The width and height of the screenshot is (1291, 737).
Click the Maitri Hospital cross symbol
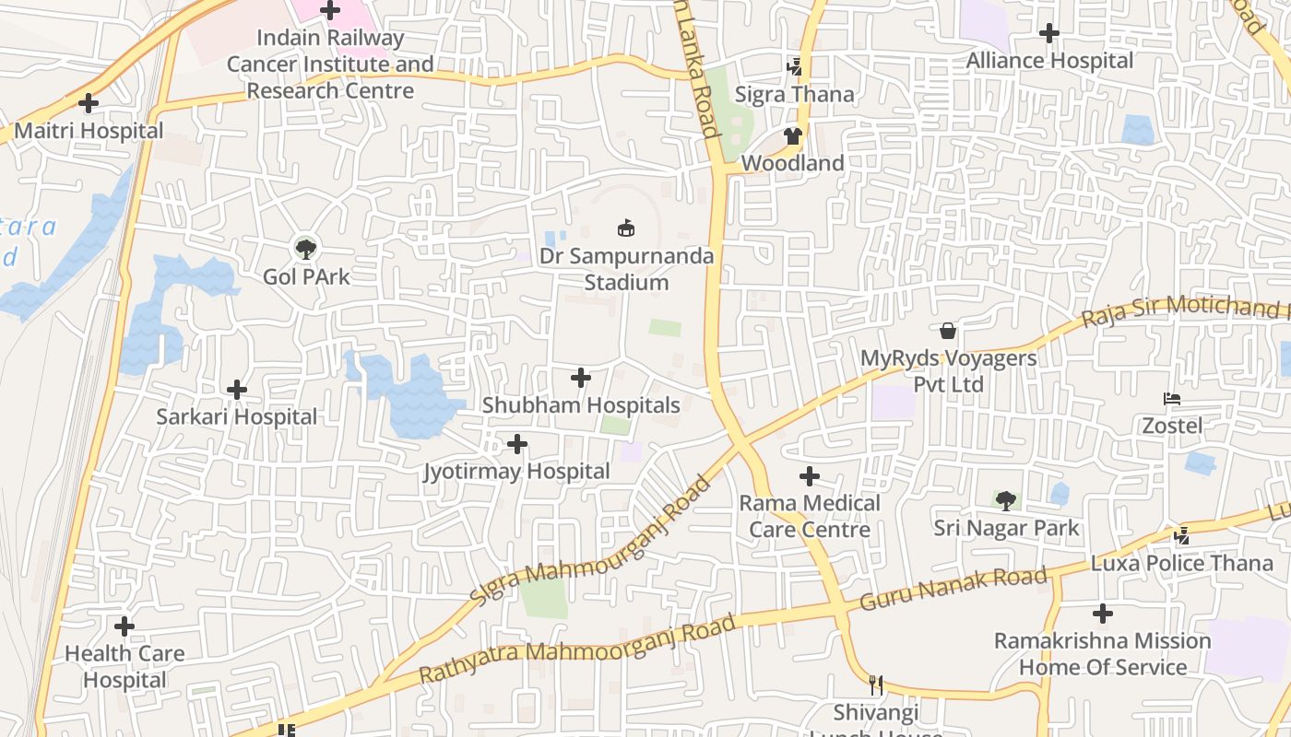click(89, 103)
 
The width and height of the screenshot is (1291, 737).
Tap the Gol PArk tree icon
click(305, 248)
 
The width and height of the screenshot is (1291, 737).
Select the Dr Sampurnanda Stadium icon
click(626, 228)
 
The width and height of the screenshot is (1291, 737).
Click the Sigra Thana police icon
click(794, 66)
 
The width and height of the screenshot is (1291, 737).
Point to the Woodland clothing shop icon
click(793, 136)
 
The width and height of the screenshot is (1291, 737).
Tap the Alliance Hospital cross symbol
click(1049, 33)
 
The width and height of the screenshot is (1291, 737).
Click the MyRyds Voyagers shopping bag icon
click(948, 331)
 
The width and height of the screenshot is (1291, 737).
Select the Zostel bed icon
click(1172, 399)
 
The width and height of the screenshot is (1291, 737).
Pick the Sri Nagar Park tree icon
click(1006, 500)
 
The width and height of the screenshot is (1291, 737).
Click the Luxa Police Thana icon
click(1181, 535)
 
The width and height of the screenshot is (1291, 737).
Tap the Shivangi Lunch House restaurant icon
click(876, 685)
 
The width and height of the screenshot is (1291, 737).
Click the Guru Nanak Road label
click(953, 590)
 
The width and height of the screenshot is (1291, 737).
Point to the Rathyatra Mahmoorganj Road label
click(577, 649)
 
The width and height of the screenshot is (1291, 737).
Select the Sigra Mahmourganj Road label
click(590, 542)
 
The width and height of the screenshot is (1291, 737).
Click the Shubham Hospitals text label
click(581, 405)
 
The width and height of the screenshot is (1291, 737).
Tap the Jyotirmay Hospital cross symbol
click(517, 445)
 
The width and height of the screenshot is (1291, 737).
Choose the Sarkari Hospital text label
click(237, 416)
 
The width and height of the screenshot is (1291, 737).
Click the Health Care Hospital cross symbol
click(124, 626)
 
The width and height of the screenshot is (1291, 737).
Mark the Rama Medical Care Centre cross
click(810, 476)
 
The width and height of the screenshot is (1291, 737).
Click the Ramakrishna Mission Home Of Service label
click(1102, 654)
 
